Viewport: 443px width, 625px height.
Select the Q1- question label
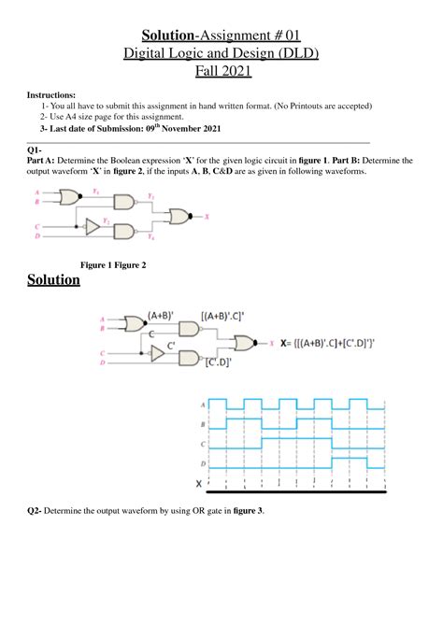pos(34,150)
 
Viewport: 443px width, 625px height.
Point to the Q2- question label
pos(36,510)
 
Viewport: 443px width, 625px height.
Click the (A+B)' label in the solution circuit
pos(163,316)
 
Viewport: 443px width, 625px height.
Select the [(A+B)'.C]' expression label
pos(230,317)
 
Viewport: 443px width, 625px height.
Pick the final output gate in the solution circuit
pos(249,342)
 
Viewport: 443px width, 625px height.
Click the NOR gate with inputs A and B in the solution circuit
pos(133,324)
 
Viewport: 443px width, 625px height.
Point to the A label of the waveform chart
pos(203,404)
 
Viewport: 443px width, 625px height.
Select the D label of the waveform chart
pos(203,462)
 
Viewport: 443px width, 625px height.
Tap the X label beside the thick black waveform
pos(198,483)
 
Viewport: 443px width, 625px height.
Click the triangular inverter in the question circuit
pos(91,226)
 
